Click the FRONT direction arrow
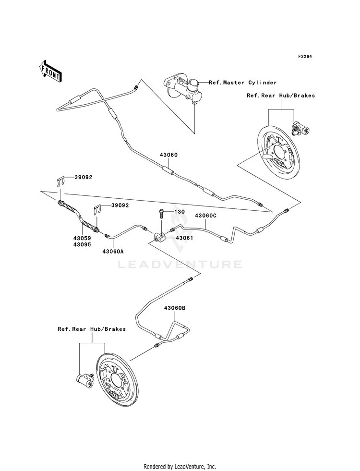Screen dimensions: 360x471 pos(50,71)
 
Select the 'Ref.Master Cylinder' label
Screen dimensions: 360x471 pos(242,82)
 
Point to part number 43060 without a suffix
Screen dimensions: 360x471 pos(169,155)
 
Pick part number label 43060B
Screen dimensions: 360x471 pos(174,308)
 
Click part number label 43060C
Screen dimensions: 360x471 pos(205,216)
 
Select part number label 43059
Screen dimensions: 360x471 pos(82,238)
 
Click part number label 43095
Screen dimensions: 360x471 pos(82,244)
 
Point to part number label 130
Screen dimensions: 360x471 pos(180,212)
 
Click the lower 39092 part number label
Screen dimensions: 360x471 pos(120,205)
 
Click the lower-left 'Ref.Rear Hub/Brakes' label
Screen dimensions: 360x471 pos(92,329)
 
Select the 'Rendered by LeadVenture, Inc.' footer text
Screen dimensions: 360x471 pos(180,467)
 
